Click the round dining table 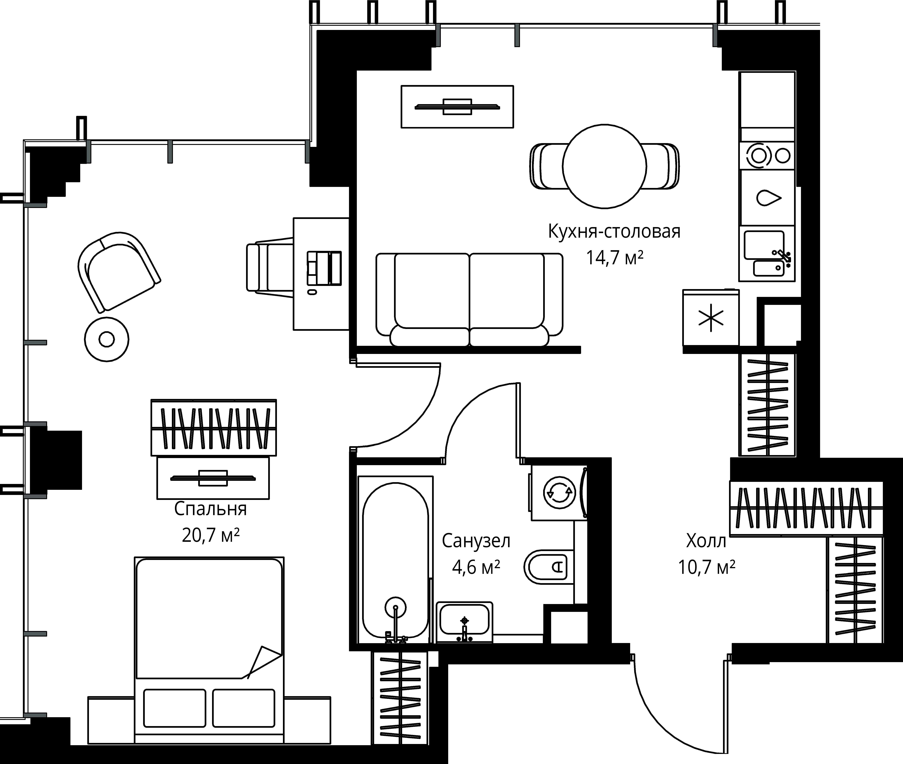coord(605,166)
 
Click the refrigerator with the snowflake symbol coord(711,318)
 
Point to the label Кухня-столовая coord(614,232)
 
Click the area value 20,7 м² coord(211,536)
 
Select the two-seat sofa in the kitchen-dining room coord(469,300)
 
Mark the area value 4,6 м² coord(476,567)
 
